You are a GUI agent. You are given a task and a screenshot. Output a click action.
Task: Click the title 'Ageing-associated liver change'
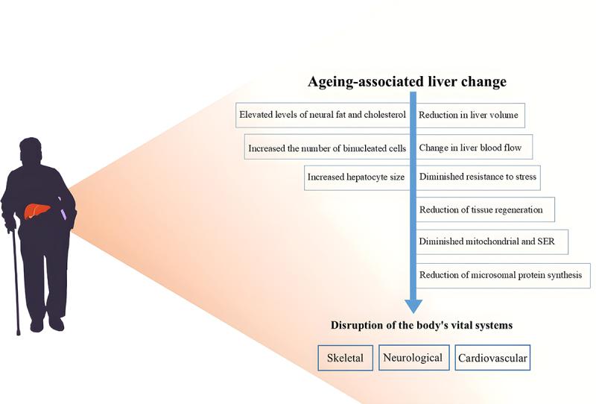pos(408,81)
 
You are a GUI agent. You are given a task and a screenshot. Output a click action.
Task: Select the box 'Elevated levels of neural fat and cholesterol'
pos(322,116)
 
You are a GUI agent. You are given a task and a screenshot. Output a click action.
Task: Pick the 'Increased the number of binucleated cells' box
pos(327,148)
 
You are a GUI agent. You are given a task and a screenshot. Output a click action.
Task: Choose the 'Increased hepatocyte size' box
pos(356,177)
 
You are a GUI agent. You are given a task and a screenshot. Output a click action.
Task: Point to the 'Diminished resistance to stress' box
pos(478,177)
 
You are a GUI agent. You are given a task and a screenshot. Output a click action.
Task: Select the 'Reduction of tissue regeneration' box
pos(481,210)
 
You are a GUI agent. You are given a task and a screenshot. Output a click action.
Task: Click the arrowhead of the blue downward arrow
pos(413,306)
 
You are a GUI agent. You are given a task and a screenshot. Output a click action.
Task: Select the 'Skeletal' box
pos(345,358)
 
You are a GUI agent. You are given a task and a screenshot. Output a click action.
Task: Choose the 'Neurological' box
pos(412,358)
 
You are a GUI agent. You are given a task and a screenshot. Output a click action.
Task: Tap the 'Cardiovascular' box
pos(492,358)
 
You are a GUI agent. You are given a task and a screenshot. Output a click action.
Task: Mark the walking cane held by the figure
pos(15,276)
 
